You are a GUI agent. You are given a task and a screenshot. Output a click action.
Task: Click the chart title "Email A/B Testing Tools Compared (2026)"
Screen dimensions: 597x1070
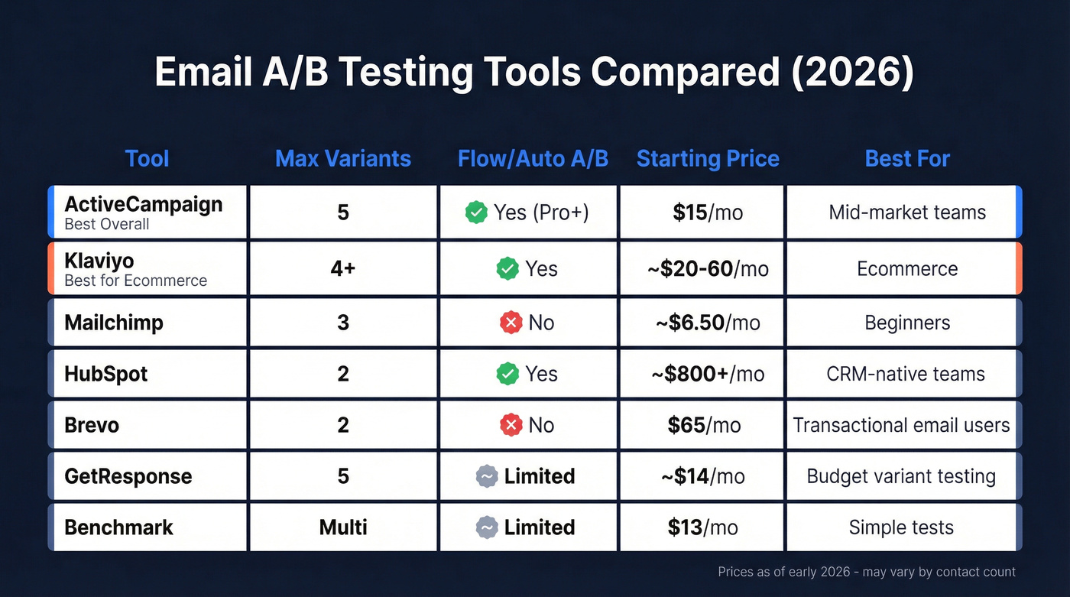(x=534, y=73)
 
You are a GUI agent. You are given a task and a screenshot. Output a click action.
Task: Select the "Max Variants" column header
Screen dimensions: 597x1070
(x=342, y=159)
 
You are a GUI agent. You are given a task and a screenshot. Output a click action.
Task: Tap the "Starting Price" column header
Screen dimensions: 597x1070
(x=708, y=159)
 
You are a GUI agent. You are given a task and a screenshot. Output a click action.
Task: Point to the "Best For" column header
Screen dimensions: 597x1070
(x=907, y=159)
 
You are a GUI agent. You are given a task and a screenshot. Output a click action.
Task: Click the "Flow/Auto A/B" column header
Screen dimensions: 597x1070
(x=533, y=159)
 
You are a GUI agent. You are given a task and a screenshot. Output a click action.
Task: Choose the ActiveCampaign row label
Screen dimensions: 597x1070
(x=143, y=205)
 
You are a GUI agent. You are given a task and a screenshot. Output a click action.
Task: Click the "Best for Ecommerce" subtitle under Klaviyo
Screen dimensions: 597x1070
(x=135, y=281)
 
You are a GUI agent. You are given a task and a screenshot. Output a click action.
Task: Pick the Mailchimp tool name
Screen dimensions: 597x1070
(x=114, y=323)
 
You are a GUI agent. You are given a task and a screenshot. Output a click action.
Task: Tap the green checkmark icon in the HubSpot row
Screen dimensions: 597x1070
(x=507, y=374)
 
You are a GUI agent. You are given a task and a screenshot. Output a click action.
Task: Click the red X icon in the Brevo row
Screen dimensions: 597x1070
(x=511, y=425)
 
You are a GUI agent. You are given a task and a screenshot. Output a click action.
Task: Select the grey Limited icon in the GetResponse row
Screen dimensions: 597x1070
(x=487, y=476)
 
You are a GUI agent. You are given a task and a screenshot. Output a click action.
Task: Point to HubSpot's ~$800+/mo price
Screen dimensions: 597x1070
(x=708, y=374)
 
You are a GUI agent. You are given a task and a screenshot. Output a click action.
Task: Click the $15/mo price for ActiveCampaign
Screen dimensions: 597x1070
(x=708, y=213)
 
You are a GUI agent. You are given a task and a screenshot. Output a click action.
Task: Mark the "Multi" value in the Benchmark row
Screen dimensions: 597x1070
(x=342, y=527)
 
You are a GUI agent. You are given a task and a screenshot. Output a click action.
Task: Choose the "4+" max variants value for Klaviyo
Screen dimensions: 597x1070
(x=342, y=269)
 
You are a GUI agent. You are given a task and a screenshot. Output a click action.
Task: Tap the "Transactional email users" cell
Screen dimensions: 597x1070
(x=901, y=425)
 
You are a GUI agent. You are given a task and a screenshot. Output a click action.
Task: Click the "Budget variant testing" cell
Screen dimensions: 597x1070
(x=901, y=476)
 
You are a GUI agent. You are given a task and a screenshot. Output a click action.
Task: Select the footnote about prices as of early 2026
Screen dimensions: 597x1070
(x=867, y=572)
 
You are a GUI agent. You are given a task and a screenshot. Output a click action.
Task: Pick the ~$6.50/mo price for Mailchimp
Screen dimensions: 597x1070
(x=708, y=323)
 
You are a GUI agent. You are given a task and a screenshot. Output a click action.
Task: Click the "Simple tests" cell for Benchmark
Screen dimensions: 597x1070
(x=901, y=527)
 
